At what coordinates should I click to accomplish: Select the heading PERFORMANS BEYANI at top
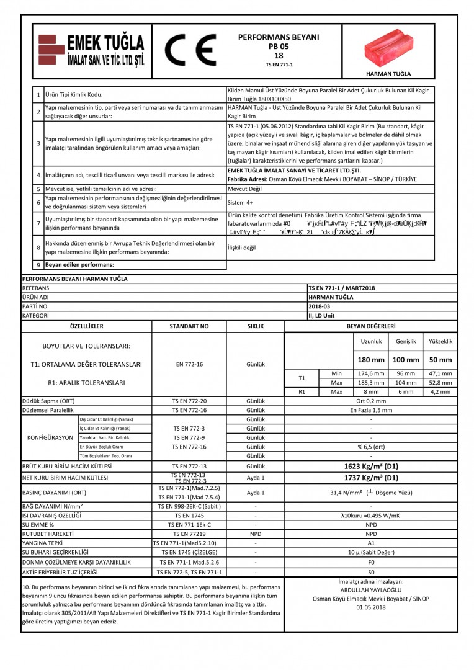279,37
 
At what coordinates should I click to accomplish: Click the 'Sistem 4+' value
239,202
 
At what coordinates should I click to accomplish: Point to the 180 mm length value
372,360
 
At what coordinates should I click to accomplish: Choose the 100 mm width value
406,360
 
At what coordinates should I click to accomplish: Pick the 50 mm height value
440,360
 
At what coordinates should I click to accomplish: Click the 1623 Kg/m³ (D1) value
371,466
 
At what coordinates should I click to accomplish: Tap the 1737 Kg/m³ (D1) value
371,478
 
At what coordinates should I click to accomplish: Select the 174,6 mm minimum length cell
372,373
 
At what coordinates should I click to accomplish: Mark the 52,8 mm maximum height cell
440,383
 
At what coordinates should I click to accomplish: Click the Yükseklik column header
440,342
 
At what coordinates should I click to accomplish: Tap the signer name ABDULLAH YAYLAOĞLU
371,591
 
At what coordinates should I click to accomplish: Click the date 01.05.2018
371,607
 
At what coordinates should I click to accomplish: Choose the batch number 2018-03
321,306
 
